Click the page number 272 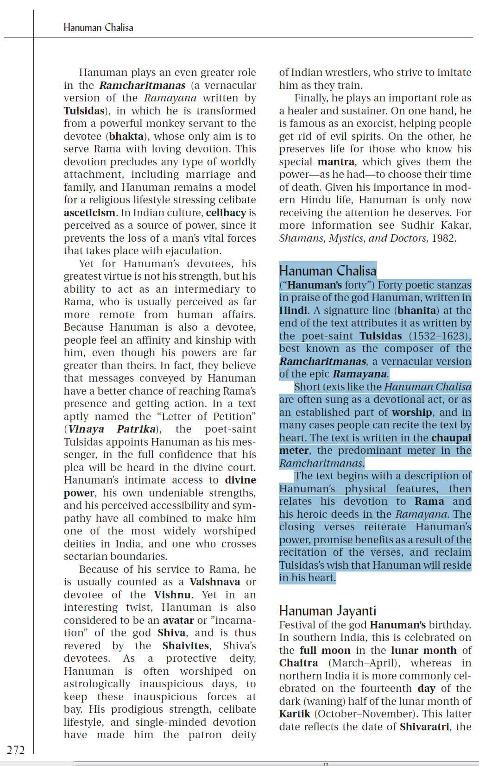(16, 750)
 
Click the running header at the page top (98, 28)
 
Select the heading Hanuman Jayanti (328, 611)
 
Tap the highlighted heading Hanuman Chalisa (328, 270)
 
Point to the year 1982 (444, 238)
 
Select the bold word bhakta (126, 137)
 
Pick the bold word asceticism (89, 213)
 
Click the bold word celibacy (226, 213)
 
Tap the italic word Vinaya (86, 429)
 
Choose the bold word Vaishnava (214, 582)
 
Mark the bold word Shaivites (186, 646)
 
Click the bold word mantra (336, 162)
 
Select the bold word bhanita (417, 310)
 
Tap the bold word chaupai (451, 438)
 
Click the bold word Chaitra (298, 663)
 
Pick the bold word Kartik (295, 714)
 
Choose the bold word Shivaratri (424, 727)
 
